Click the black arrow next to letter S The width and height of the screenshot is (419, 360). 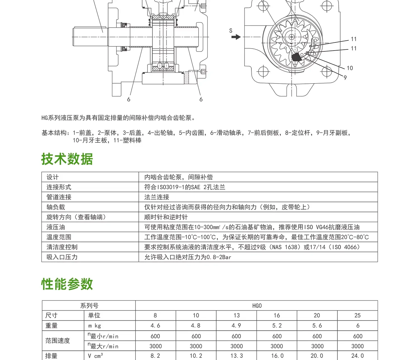236,37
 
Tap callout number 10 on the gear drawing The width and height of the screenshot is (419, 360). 350,68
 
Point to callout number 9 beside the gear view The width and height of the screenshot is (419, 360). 345,78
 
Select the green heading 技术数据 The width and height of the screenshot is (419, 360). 67,159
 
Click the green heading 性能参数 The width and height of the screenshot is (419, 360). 67,284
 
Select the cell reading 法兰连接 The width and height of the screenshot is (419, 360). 157,197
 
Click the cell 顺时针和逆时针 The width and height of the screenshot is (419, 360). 166,217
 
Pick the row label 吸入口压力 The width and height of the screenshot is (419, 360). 62,257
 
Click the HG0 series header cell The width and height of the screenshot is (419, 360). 257,306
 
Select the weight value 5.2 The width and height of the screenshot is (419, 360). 277,326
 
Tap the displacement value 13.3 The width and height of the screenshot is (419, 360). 237,356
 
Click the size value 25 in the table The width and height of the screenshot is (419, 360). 358,316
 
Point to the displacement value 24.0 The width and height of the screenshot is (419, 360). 358,356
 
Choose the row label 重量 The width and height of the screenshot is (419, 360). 51,326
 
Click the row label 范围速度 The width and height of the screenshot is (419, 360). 58,341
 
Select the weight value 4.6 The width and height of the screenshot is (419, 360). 155,326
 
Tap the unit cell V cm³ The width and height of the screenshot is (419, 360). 96,356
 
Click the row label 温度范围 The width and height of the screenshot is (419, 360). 59,237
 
